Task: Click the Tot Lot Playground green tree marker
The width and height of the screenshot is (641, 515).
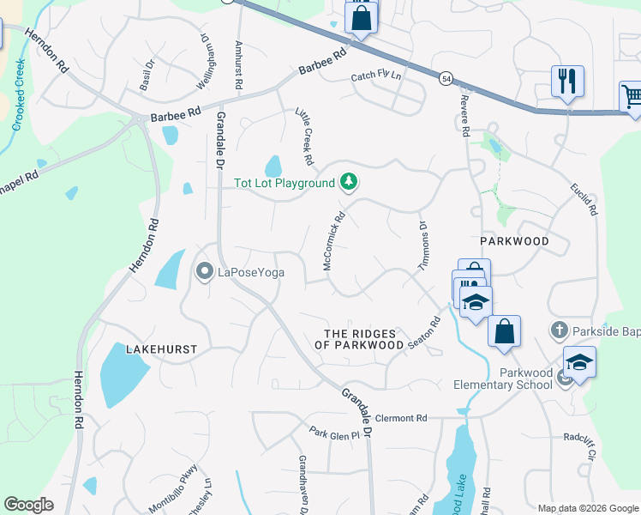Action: point(348,182)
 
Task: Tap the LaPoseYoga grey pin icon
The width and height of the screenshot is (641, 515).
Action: point(204,273)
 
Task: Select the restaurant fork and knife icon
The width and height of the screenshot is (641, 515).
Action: point(567,82)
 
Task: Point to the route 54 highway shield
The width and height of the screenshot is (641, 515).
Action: point(446,79)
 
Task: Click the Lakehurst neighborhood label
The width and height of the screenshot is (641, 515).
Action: point(161,349)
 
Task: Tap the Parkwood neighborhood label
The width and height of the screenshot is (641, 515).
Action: point(514,241)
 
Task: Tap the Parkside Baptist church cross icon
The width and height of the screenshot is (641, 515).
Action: point(559,329)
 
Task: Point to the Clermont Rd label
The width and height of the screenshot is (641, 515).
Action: point(400,418)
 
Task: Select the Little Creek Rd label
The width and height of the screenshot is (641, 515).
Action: point(303,137)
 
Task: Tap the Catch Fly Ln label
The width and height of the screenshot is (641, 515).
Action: point(376,76)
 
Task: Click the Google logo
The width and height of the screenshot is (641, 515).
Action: point(28,505)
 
